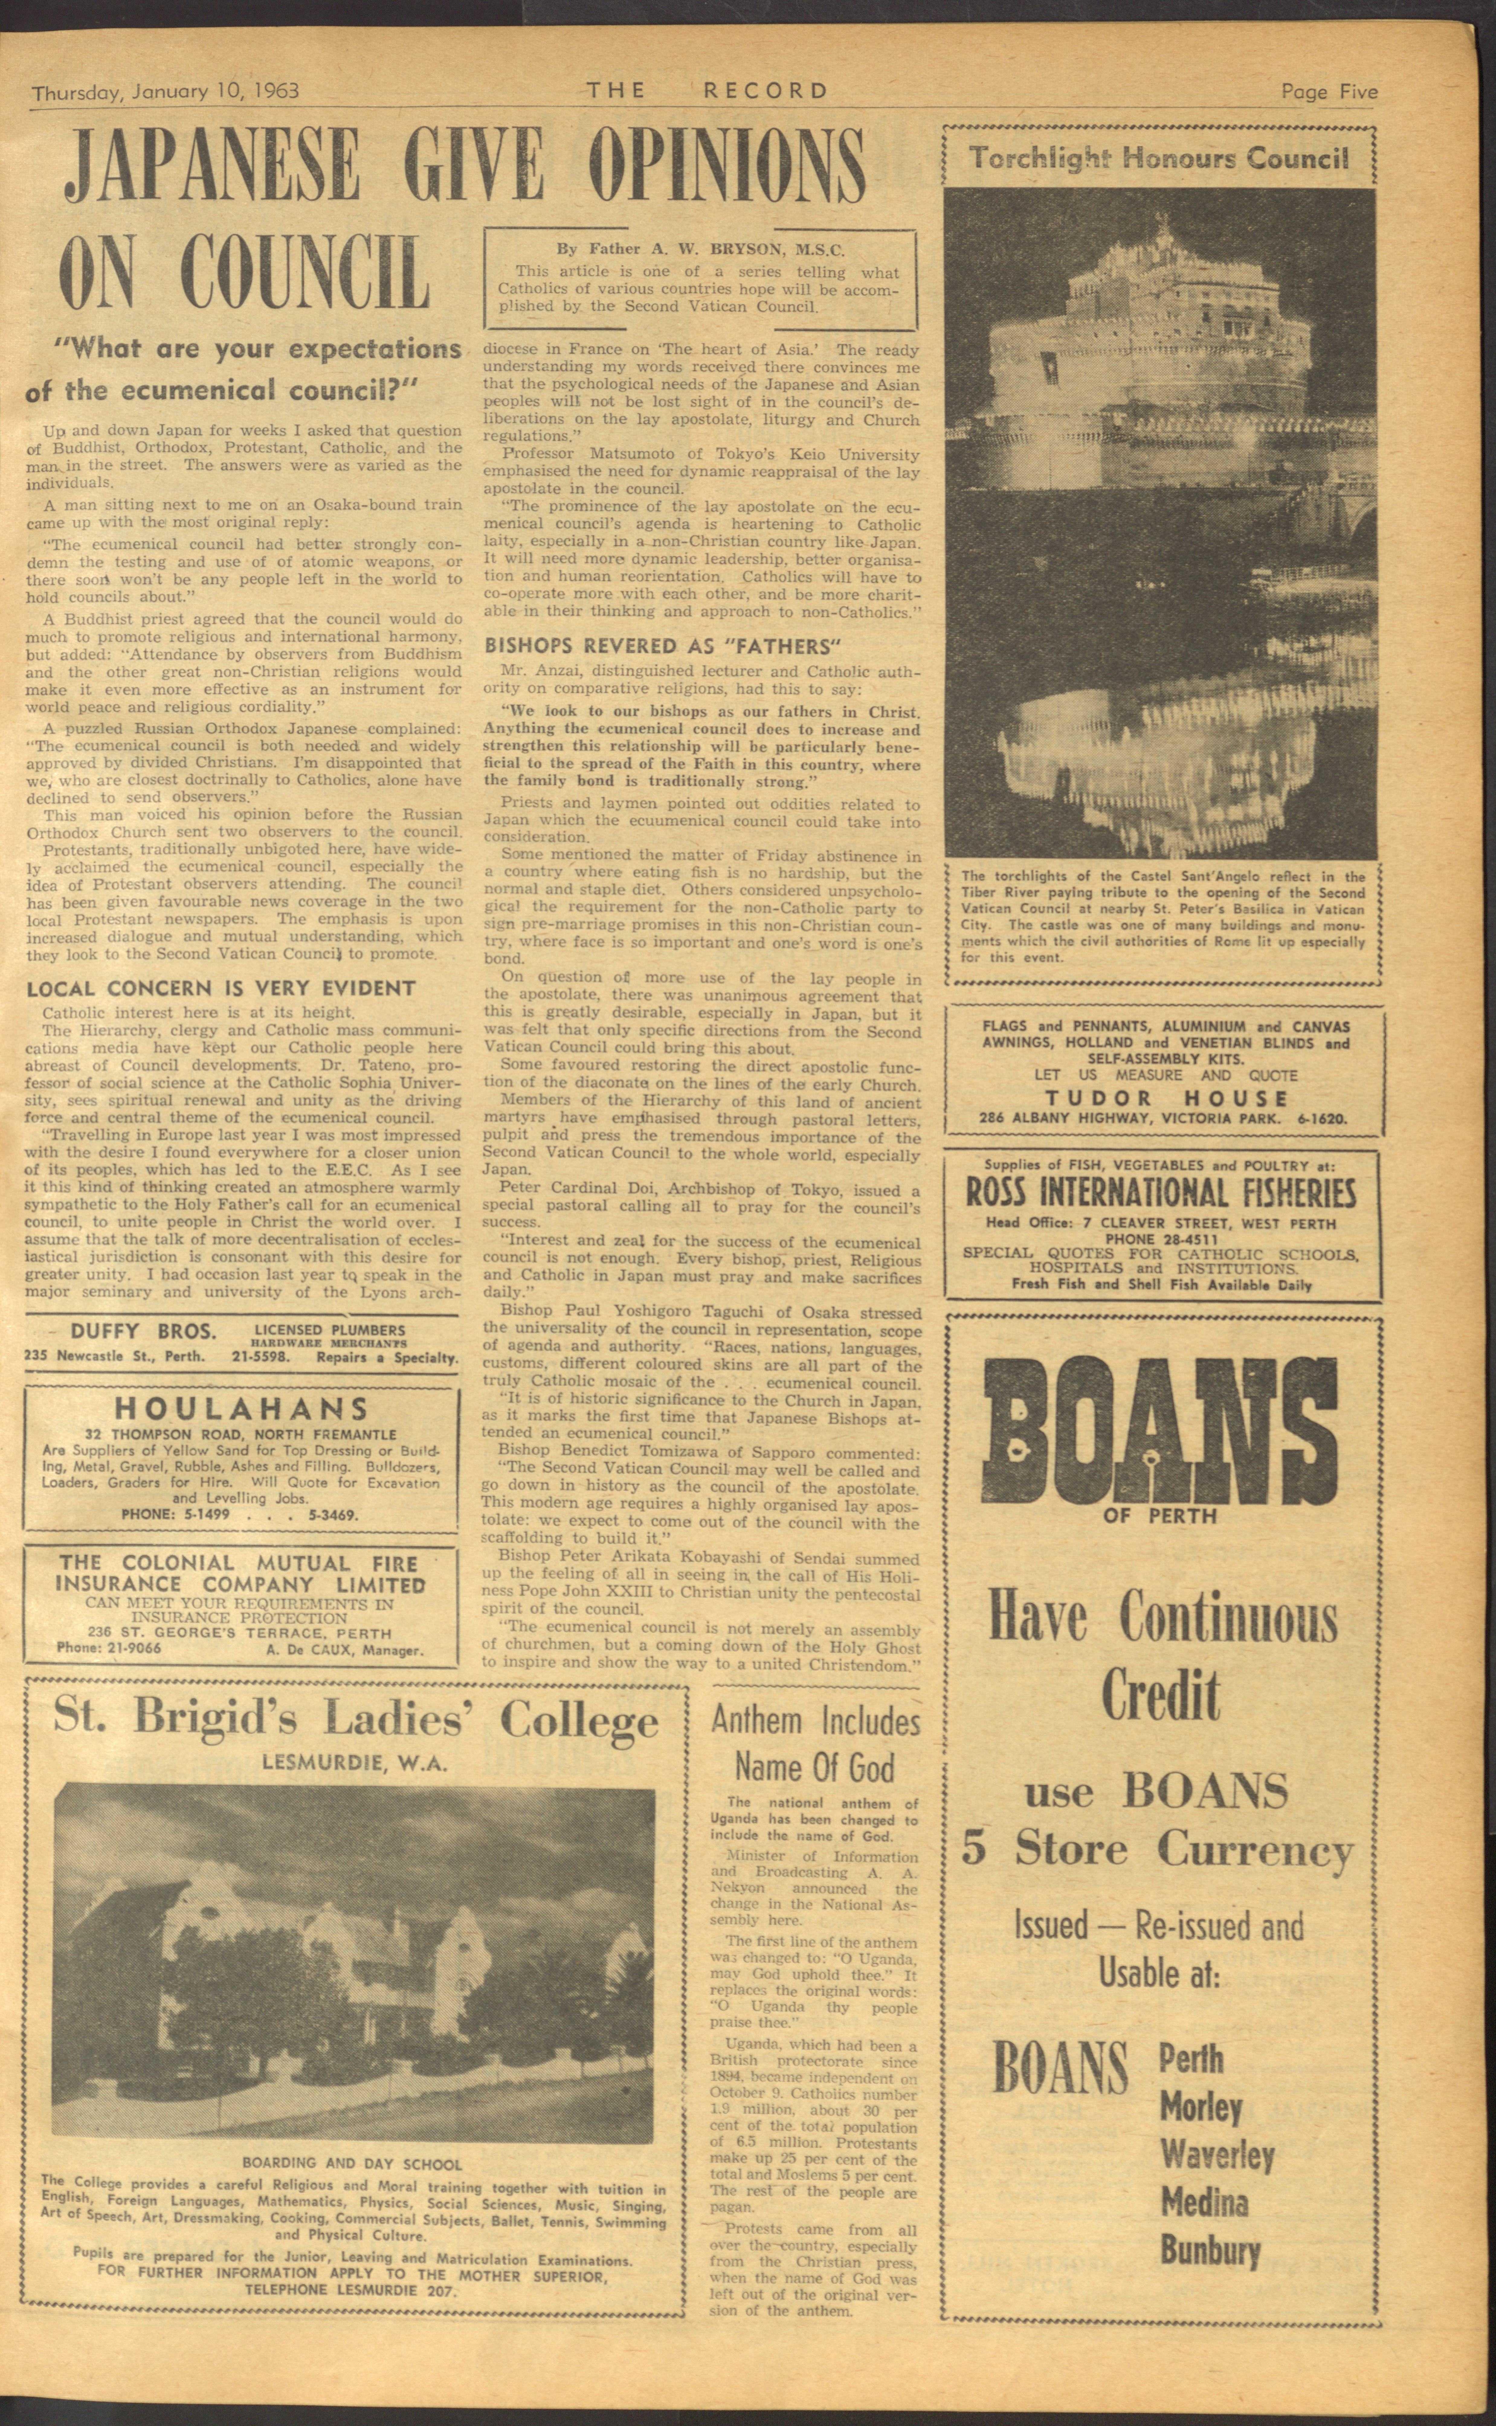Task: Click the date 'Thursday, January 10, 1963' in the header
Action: coord(165,92)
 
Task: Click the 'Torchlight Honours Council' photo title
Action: coord(1159,158)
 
